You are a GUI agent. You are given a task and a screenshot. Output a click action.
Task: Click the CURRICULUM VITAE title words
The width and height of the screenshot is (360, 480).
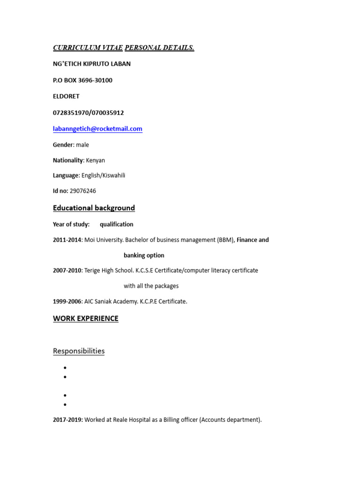88,48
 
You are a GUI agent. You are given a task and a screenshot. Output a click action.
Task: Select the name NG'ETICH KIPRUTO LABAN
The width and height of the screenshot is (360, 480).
91,64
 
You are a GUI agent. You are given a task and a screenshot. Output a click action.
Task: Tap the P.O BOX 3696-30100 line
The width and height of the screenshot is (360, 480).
82,80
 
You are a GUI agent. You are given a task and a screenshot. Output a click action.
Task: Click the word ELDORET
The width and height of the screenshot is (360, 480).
66,96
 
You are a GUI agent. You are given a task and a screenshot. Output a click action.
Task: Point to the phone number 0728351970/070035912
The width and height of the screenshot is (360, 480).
88,112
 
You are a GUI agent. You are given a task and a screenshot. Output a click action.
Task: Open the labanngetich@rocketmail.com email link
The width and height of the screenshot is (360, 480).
97,128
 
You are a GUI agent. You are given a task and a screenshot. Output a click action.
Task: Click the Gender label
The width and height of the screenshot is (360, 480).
63,145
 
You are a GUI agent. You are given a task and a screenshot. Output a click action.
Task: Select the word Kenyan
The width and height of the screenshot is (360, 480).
96,160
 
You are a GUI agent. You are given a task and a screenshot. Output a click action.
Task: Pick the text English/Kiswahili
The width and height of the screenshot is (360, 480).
103,175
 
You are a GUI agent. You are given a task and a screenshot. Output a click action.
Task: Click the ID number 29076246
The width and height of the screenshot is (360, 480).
82,191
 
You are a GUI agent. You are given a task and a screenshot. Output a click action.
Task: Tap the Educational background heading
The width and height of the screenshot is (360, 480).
94,208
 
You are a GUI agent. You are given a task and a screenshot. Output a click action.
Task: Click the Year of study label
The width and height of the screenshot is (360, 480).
71,224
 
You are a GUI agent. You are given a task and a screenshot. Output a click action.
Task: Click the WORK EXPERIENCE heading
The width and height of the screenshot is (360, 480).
85,319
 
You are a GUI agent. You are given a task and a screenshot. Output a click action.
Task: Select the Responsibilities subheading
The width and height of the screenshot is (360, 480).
78,351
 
